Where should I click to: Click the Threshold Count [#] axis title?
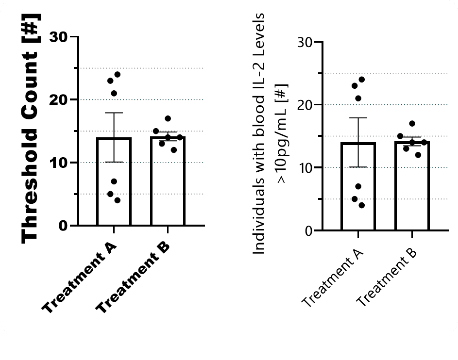pyautogui.click(x=30, y=130)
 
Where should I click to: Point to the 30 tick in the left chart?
pyautogui.click(x=59, y=37)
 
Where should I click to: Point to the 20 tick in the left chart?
pyautogui.click(x=59, y=99)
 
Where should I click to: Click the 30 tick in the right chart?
pyautogui.click(x=305, y=42)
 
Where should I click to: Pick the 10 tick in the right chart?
pyautogui.click(x=305, y=168)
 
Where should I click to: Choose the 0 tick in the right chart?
pyautogui.click(x=309, y=230)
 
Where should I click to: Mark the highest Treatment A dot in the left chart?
pyautogui.click(x=117, y=75)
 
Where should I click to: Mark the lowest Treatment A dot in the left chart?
pyautogui.click(x=117, y=200)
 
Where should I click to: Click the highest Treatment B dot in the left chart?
pyautogui.click(x=168, y=118)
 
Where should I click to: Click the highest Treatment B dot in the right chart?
pyautogui.click(x=412, y=123)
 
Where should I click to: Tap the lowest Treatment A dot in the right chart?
pyautogui.click(x=361, y=205)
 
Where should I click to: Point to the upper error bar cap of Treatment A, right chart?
pyautogui.click(x=358, y=118)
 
